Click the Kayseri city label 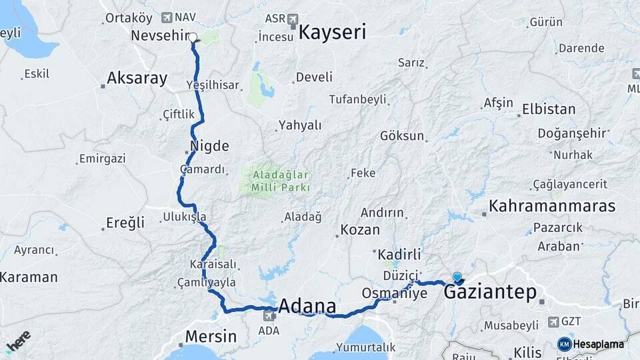click(333, 32)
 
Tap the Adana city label click(307, 307)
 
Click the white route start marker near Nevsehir click(193, 37)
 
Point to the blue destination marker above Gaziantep click(457, 277)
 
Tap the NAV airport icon click(166, 17)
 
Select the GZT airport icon click(552, 322)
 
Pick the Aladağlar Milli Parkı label click(281, 181)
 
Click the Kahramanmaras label click(552, 206)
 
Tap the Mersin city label click(211, 336)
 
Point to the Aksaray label click(137, 78)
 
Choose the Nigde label click(209, 146)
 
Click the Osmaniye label click(394, 293)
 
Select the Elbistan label click(549, 109)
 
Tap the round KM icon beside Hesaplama click(564, 344)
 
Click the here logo click(18, 342)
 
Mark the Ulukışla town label click(185, 217)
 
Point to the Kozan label click(360, 230)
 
